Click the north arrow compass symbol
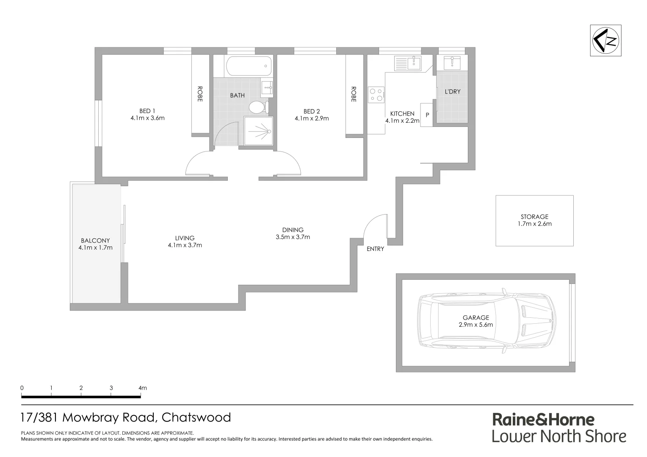606,40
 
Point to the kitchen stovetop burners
376,94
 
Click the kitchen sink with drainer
407,63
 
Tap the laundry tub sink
452,63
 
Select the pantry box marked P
427,115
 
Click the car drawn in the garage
486,320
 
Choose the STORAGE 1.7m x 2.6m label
534,220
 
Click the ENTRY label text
375,249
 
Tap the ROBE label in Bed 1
200,94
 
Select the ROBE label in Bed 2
354,94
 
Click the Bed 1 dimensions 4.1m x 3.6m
147,118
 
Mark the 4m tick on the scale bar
141,394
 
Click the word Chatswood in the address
196,418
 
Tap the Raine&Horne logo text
543,419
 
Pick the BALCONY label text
95,240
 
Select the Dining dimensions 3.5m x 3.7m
293,237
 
